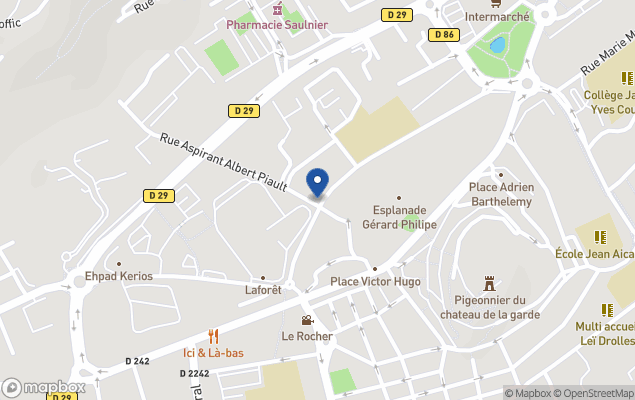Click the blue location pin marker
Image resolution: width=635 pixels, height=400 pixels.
[x=317, y=182]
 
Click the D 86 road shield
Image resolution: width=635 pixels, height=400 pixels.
[x=444, y=35]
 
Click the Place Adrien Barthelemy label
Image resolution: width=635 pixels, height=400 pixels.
[x=501, y=193]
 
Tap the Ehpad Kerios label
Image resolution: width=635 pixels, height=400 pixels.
[x=118, y=275]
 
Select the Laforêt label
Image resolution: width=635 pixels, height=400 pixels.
[x=263, y=290]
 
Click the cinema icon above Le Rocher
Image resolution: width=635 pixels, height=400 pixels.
[x=306, y=321]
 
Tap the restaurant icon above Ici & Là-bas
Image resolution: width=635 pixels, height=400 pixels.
[x=213, y=336]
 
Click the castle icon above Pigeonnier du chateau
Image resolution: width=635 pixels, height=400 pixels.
[x=489, y=283]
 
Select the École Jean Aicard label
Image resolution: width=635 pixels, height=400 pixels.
[x=595, y=254]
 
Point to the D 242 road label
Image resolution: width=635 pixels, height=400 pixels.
[x=137, y=361]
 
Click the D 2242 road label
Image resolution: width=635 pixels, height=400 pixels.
[x=196, y=373]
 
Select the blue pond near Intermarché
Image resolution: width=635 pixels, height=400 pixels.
[x=497, y=45]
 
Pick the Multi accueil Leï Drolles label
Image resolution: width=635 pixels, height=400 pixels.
[x=604, y=333]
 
